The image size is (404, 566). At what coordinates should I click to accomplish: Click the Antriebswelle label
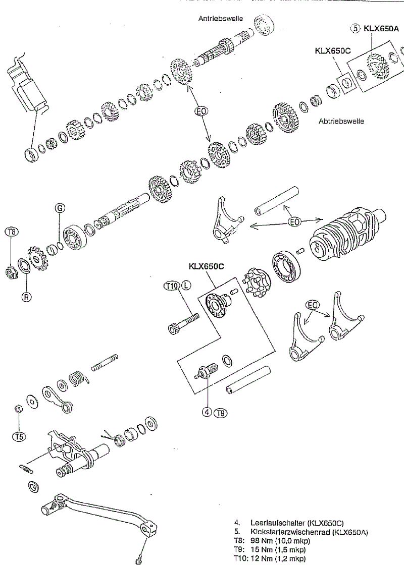click(x=221, y=19)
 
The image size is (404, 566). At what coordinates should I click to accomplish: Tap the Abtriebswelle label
click(x=341, y=121)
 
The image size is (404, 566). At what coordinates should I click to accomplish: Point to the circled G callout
click(x=60, y=208)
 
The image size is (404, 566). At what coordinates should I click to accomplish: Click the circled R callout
click(x=26, y=297)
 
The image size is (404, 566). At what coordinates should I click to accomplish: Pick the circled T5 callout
click(x=19, y=436)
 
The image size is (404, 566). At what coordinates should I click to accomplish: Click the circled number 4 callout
click(x=207, y=412)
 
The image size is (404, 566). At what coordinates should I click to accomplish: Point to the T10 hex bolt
click(x=183, y=324)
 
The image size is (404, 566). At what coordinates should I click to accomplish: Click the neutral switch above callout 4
click(x=207, y=372)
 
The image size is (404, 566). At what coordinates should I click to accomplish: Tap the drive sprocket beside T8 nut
click(x=37, y=259)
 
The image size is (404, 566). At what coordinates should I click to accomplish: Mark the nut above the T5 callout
click(x=17, y=409)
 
